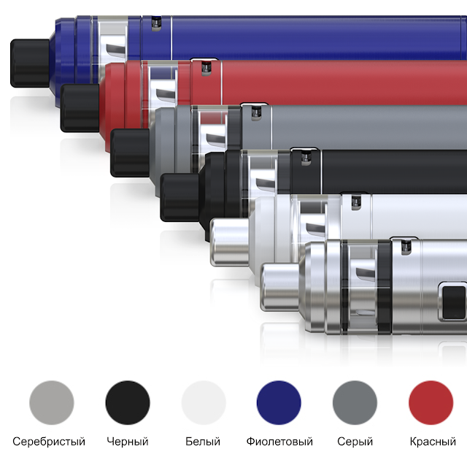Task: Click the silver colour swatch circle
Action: coord(52,402)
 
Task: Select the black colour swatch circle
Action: coord(128,402)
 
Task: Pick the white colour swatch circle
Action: coord(204,402)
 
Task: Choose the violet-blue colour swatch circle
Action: coord(279,402)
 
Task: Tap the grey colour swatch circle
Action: coord(355,402)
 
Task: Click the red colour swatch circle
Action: coord(431,402)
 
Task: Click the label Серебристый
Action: coord(49,441)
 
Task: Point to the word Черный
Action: coord(128,441)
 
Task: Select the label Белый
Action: coord(203,441)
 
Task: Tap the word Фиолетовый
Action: coord(279,441)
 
